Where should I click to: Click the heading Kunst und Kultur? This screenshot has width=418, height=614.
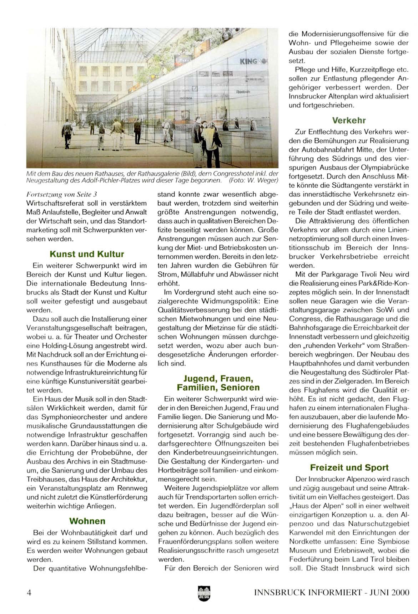click(87, 254)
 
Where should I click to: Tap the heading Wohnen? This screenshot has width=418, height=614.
click(87, 521)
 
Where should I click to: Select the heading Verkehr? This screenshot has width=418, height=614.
click(349, 120)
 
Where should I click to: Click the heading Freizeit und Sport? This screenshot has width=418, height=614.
click(349, 467)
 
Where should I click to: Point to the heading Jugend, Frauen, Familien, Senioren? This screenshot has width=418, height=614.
click(218, 383)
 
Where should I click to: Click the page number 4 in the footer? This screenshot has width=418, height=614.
click(29, 593)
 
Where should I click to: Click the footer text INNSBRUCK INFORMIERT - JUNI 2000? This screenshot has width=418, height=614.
click(332, 593)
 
